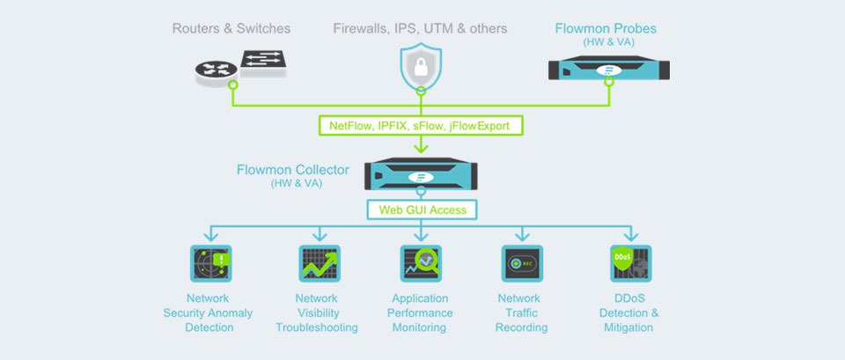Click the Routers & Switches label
pos(231,28)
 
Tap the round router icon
pos(217,74)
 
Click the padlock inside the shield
pos(421,68)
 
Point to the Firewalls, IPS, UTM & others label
pos(421,28)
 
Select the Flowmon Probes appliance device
pos(609,69)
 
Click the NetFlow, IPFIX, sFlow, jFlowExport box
pos(421,126)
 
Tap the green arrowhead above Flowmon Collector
pos(421,148)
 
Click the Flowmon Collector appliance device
pos(421,175)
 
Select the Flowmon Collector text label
pos(292,170)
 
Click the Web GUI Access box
pos(422,209)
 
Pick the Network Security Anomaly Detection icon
pos(210,263)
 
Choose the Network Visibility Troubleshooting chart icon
pos(320,263)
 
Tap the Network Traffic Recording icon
pos(522,263)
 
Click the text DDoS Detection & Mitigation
pos(628,312)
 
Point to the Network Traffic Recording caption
pos(522,312)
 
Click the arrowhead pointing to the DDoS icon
pos(630,236)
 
